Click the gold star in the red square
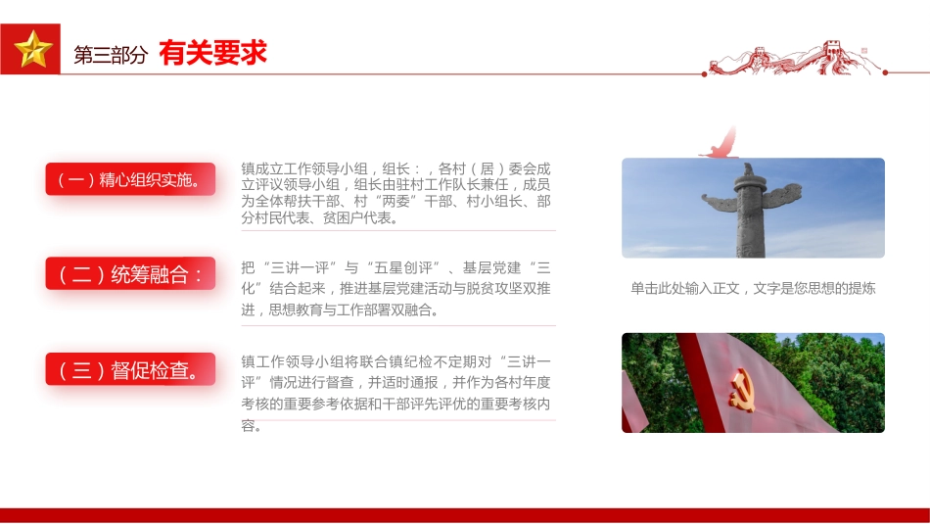[x=32, y=49]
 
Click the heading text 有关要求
[x=212, y=54]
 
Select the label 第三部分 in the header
[x=110, y=56]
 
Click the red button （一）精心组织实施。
[x=129, y=179]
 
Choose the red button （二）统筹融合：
[x=129, y=274]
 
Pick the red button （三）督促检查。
[x=129, y=370]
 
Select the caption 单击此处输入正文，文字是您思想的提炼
[x=753, y=289]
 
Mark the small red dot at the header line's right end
[x=885, y=72]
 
